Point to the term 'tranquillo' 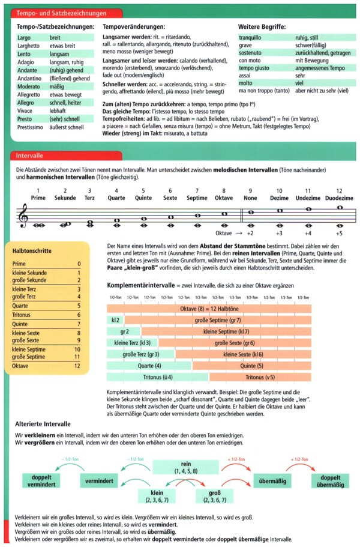(x=251, y=37)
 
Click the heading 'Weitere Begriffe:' (x=262, y=26)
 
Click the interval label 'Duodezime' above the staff (x=339, y=198)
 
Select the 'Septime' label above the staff (x=197, y=198)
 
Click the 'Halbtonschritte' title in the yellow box (x=31, y=250)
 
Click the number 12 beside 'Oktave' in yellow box (x=77, y=365)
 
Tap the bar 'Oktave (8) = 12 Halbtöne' (x=209, y=308)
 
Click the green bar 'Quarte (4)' (x=149, y=365)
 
